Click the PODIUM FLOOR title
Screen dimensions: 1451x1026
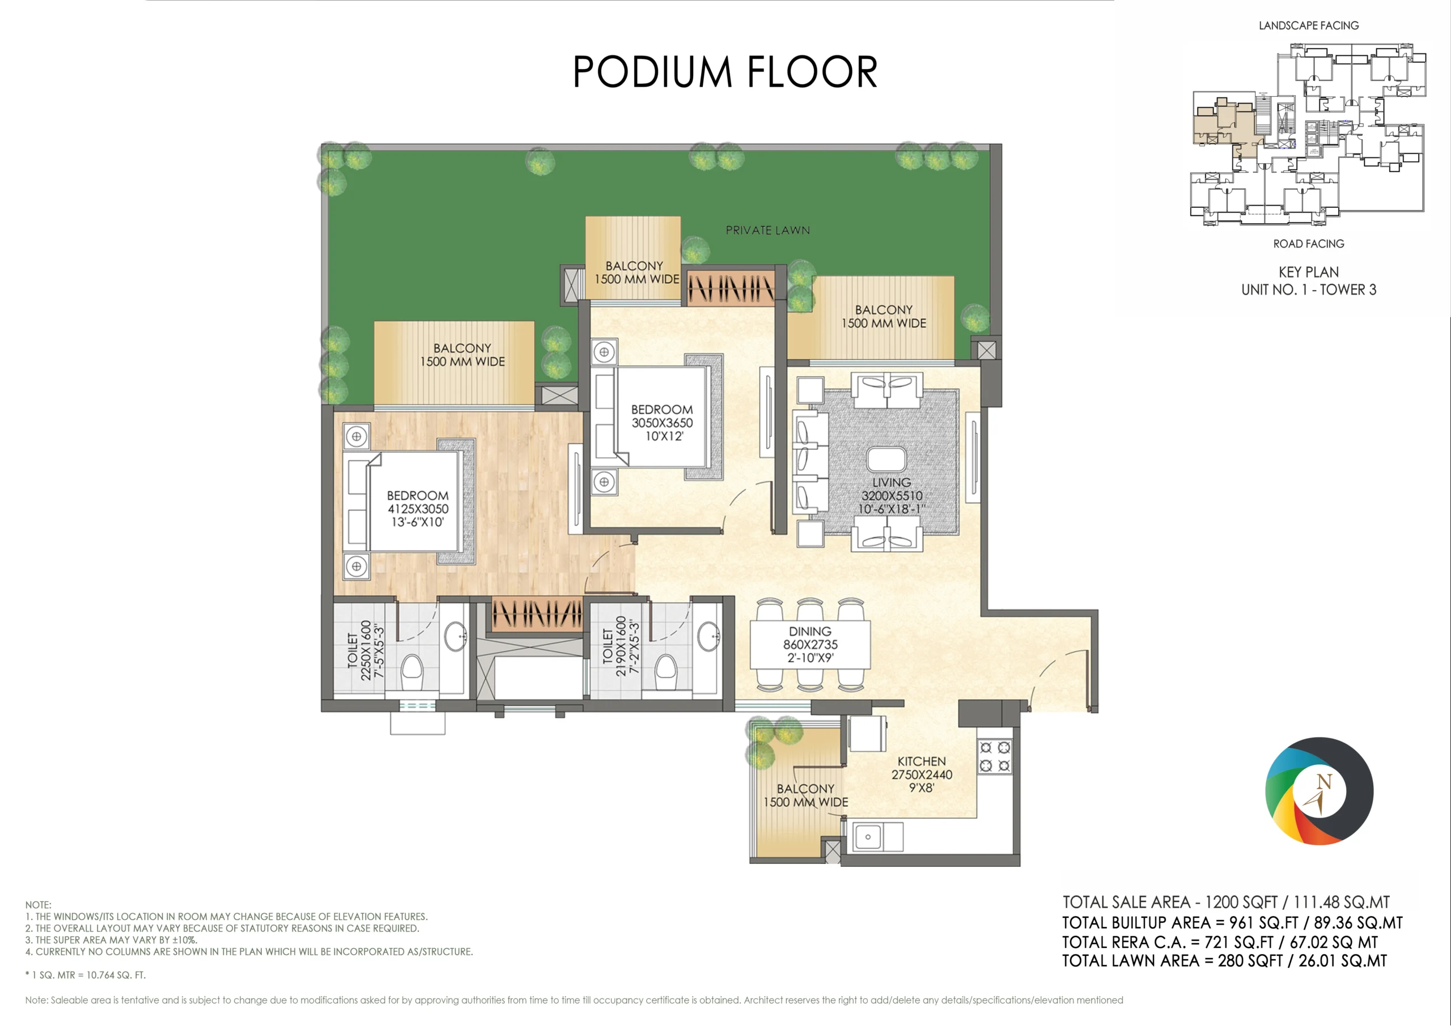[x=725, y=71]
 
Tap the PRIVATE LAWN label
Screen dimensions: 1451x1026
[x=767, y=231]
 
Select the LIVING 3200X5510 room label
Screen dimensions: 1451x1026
[x=891, y=496]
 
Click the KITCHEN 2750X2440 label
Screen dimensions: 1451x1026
[x=922, y=774]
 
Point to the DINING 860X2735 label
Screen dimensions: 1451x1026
[x=810, y=644]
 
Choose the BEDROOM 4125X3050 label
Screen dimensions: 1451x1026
[x=418, y=509]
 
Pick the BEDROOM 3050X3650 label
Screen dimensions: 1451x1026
[x=661, y=423]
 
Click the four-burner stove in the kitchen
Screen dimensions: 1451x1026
[x=994, y=757]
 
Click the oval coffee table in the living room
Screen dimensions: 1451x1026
[x=886, y=459]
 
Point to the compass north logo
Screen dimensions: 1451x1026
[x=1319, y=791]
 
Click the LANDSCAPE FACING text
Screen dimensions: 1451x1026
[x=1308, y=26]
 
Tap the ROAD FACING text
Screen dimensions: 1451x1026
[x=1308, y=244]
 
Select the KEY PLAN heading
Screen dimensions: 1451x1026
[x=1308, y=273]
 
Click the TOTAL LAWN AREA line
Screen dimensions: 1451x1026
[x=1224, y=961]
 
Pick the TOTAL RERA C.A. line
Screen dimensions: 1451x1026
[x=1220, y=942]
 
